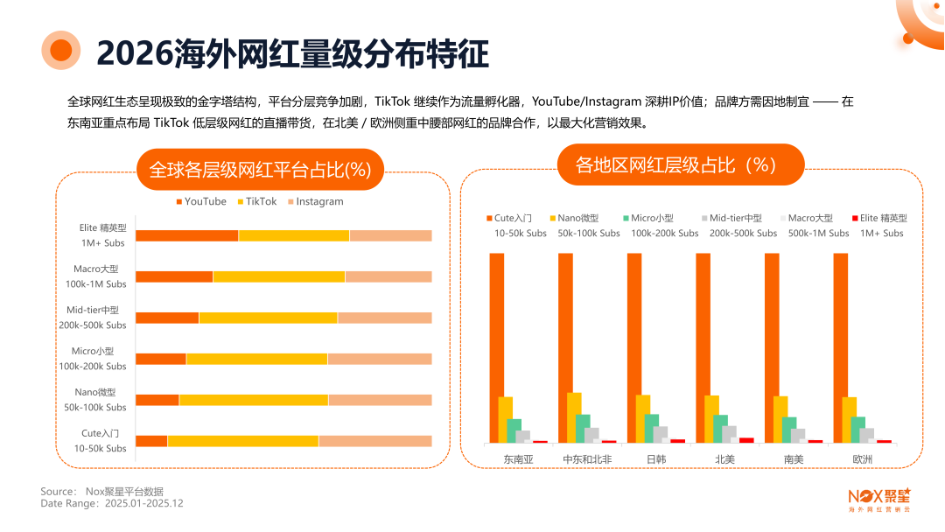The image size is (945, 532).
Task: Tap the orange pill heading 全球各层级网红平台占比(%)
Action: click(261, 170)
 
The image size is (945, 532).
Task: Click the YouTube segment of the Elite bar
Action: click(186, 235)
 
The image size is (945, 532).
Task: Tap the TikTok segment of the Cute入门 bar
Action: click(242, 441)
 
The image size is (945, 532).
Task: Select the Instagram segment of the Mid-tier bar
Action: click(384, 318)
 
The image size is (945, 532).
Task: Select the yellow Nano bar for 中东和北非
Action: click(574, 417)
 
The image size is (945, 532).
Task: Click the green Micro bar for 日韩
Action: click(652, 428)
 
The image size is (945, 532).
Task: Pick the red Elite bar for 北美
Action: click(746, 440)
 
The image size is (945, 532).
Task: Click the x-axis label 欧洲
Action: click(861, 458)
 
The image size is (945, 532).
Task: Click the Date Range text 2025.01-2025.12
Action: click(143, 503)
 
